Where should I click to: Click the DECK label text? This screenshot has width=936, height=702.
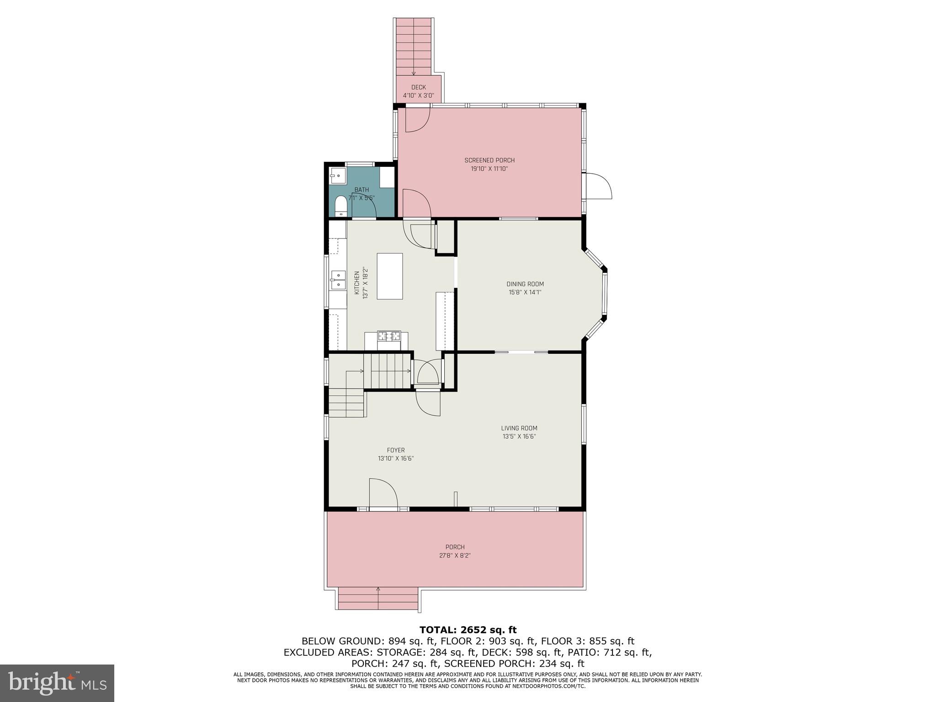(418, 87)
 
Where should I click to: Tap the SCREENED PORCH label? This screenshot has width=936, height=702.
(489, 160)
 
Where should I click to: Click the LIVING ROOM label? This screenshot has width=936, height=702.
(519, 428)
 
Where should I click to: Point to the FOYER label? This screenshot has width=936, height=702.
(395, 450)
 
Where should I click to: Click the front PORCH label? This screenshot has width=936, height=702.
(455, 547)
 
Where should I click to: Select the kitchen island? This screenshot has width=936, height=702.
(389, 276)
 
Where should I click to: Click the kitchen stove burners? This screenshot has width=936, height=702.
(388, 336)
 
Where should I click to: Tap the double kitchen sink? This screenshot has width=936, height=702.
(338, 280)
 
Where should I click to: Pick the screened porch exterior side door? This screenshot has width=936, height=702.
(598, 186)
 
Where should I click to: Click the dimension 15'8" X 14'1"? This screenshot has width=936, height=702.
(525, 292)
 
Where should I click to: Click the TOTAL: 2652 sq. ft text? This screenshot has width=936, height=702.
(468, 630)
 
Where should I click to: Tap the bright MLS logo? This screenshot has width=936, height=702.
(57, 683)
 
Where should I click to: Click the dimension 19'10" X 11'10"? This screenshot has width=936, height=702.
(489, 169)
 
